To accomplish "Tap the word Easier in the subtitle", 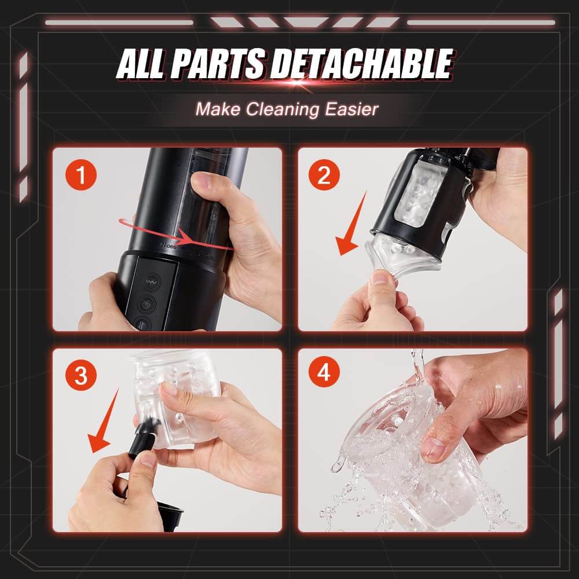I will [351, 109].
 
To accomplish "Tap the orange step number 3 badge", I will [81, 375].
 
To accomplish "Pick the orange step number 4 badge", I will [325, 375].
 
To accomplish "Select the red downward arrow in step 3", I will [104, 423].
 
